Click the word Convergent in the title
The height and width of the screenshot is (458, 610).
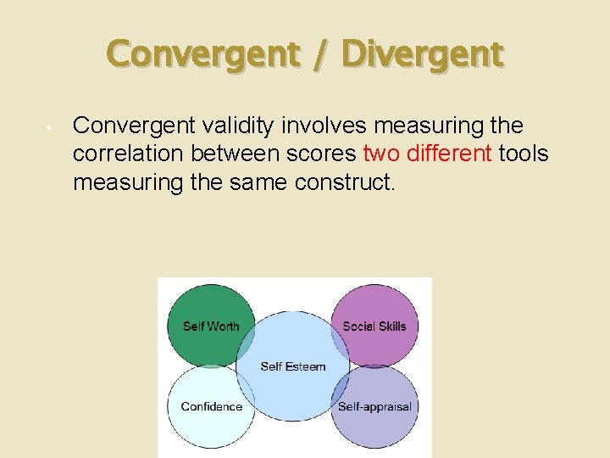(x=203, y=55)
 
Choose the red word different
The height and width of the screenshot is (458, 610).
(x=450, y=154)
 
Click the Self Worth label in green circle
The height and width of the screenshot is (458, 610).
(x=211, y=327)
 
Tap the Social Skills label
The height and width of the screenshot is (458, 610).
(x=374, y=327)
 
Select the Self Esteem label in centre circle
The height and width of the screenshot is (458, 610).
(x=293, y=366)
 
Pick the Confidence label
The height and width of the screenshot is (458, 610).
(x=211, y=406)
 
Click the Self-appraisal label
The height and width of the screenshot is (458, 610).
(x=374, y=406)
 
